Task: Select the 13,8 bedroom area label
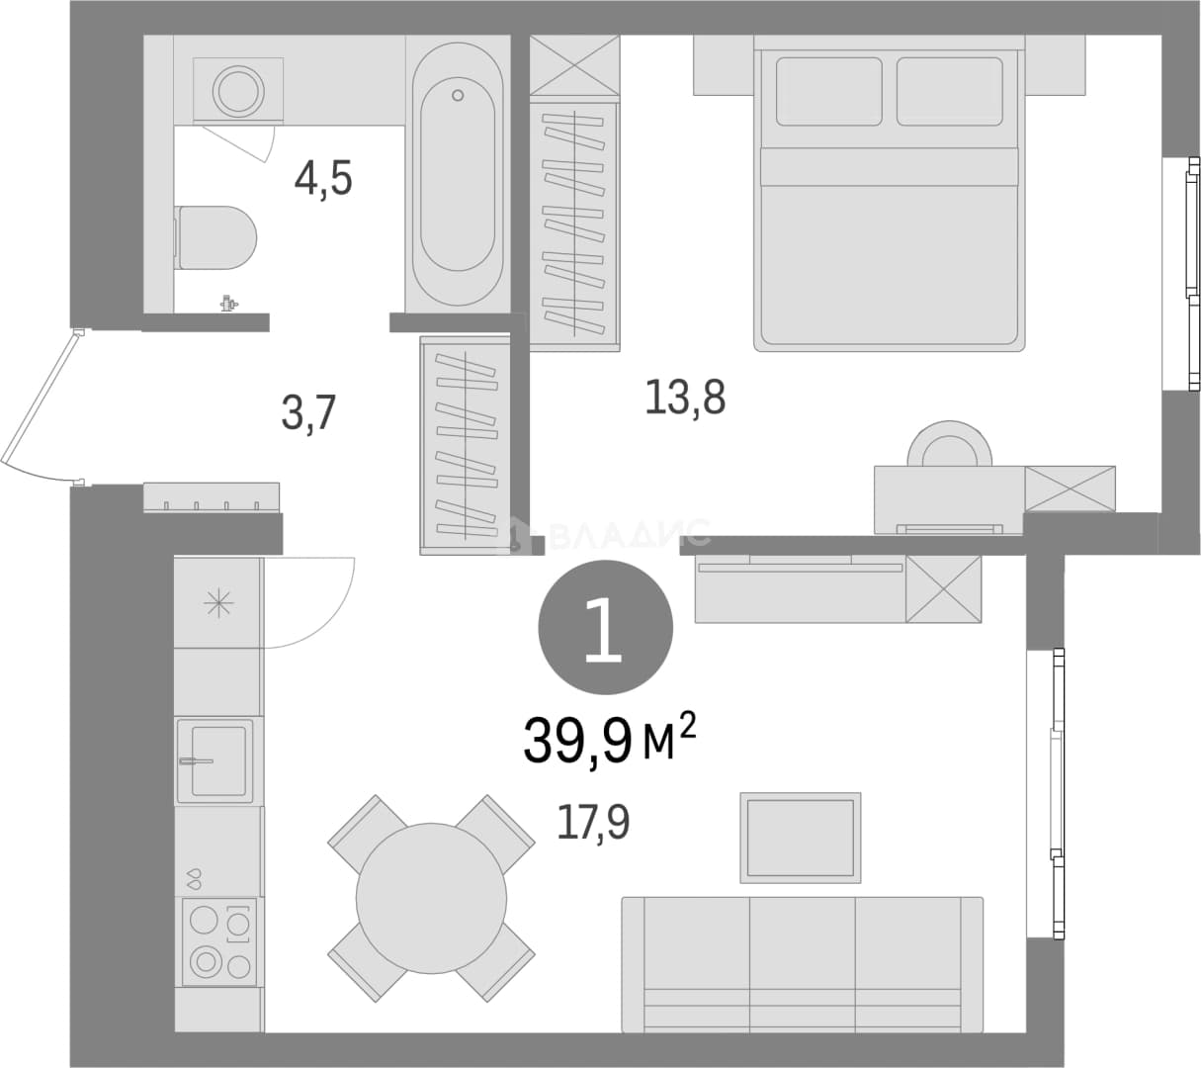[x=685, y=397]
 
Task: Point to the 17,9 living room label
[x=593, y=822]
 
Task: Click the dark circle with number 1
[x=605, y=627]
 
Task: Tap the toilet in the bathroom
[x=215, y=237]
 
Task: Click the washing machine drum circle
[x=238, y=91]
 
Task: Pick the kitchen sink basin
[x=218, y=760]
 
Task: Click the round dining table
[x=431, y=898]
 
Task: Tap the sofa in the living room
[x=802, y=964]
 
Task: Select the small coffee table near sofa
[x=801, y=838]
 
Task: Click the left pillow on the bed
[x=828, y=91]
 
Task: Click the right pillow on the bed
[x=950, y=91]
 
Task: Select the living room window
[x=1057, y=794]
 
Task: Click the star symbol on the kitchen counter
[x=218, y=603]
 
